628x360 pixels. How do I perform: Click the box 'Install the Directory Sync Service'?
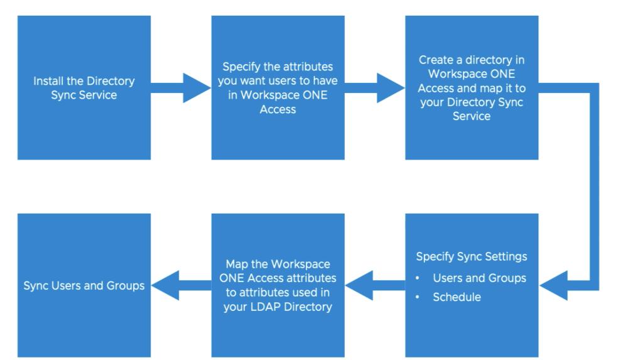pyautogui.click(x=84, y=88)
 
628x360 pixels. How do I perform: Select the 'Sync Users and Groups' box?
pyautogui.click(x=84, y=285)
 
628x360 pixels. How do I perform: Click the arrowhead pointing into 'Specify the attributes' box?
pyautogui.click(x=197, y=88)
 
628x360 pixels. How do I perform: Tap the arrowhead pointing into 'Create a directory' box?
pyautogui.click(x=391, y=88)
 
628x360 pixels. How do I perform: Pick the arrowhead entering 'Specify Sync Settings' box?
pyautogui.click(x=553, y=285)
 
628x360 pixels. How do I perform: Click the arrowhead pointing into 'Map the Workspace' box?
pyautogui.click(x=359, y=285)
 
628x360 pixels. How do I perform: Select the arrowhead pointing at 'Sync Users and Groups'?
pyautogui.click(x=165, y=285)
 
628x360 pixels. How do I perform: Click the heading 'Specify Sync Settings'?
pyautogui.click(x=472, y=256)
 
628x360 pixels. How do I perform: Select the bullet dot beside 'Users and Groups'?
pyautogui.click(x=418, y=278)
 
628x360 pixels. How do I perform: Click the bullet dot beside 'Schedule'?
pyautogui.click(x=418, y=297)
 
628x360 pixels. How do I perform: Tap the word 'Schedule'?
pyautogui.click(x=457, y=297)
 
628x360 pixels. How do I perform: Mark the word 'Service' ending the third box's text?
pyautogui.click(x=472, y=116)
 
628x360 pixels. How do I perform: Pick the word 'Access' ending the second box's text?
pyautogui.click(x=278, y=109)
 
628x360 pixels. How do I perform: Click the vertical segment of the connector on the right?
pyautogui.click(x=594, y=187)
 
